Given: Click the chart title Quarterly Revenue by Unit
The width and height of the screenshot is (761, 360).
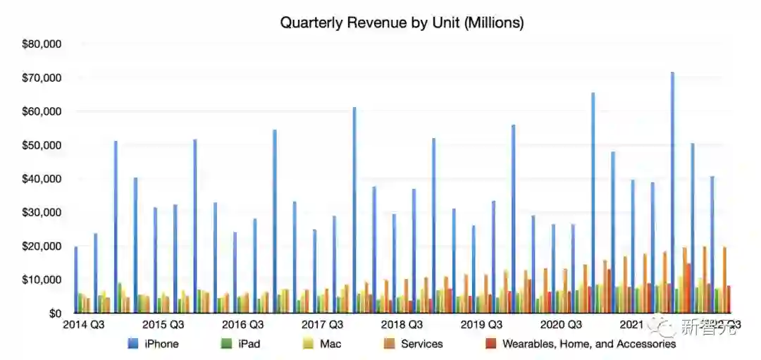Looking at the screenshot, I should (x=402, y=23).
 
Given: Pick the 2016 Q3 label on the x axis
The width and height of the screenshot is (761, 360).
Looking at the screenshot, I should (x=243, y=325).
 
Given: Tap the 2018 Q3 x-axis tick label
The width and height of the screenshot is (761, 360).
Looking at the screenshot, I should (x=402, y=325).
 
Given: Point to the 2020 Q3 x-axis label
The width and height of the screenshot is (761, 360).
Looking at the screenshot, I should (x=561, y=325).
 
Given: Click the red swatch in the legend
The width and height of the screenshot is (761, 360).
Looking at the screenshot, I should (x=491, y=344).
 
